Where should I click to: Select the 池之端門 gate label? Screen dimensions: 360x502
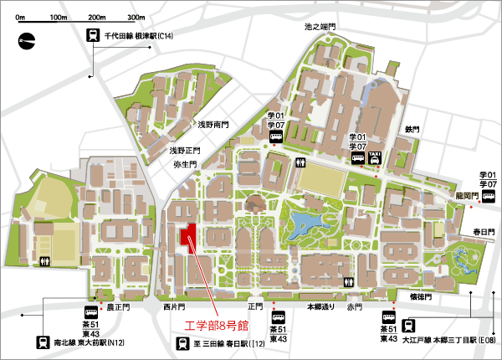pyautogui.click(x=320, y=28)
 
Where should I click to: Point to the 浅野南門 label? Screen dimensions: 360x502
pyautogui.click(x=213, y=124)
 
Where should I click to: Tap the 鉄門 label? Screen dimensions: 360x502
pyautogui.click(x=411, y=129)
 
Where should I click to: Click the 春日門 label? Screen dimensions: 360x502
pyautogui.click(x=484, y=231)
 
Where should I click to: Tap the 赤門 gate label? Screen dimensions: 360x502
pyautogui.click(x=356, y=306)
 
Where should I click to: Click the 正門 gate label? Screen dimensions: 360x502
pyautogui.click(x=255, y=306)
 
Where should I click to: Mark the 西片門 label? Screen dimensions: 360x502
pyautogui.click(x=174, y=306)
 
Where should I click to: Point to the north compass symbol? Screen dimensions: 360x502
pyautogui.click(x=28, y=39)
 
